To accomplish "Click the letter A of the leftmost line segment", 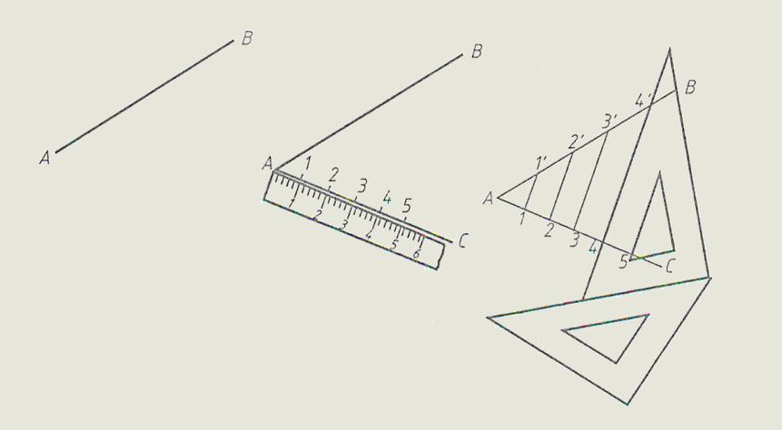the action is (x=45, y=159).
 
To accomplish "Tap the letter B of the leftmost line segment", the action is (x=247, y=38).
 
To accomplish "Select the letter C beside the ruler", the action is (x=462, y=241).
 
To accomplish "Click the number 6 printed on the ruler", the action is (x=418, y=254).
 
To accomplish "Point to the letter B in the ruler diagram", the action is (x=477, y=52).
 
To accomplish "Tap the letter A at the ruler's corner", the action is (x=268, y=163).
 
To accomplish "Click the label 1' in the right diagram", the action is (x=541, y=162).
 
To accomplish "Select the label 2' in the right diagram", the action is (x=576, y=142).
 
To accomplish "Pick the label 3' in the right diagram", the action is (x=609, y=121).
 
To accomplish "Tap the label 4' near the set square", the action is (x=643, y=101).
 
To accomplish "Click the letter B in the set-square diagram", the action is (x=690, y=88).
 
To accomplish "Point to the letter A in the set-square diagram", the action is (x=489, y=200).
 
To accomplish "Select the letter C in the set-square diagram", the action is (x=669, y=267).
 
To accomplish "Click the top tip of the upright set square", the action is (x=669, y=48).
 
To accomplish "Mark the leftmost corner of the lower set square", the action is (x=489, y=318).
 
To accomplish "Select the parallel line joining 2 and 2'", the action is (x=560, y=185).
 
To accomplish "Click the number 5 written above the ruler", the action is (x=407, y=205).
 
